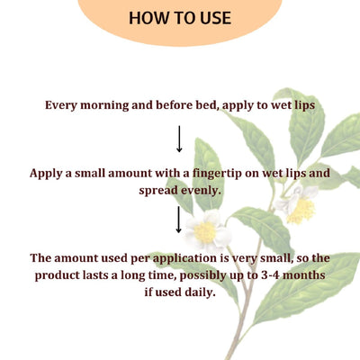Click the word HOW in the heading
(148, 18)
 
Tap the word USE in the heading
(213, 18)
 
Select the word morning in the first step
(106, 105)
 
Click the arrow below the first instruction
(179, 138)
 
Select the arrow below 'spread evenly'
(179, 220)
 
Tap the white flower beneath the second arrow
(206, 231)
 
